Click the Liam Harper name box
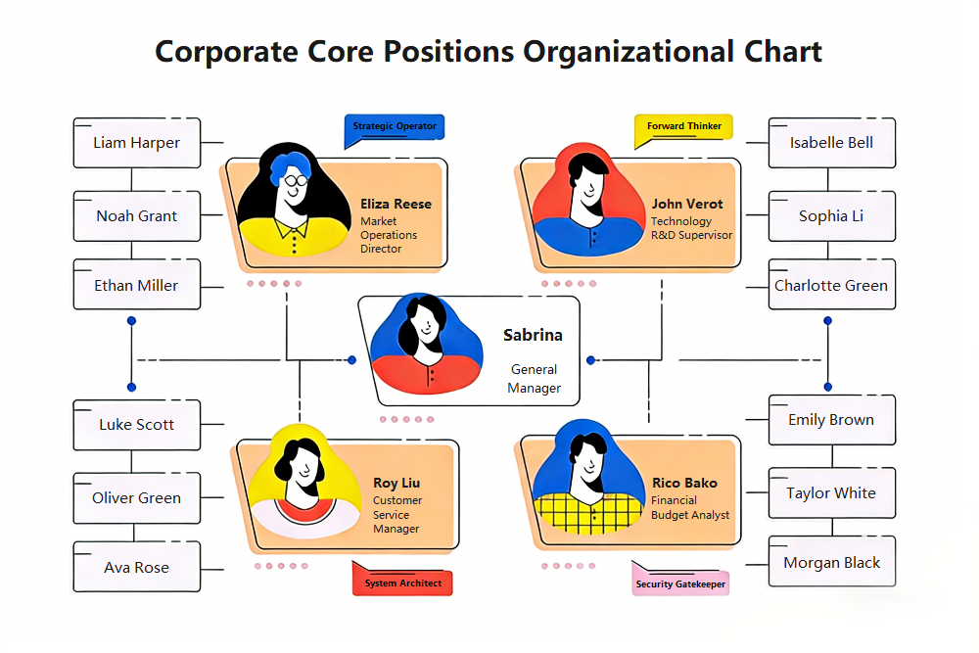pos(137,143)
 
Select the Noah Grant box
pos(137,216)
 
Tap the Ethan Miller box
pos(137,286)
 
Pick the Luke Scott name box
pos(137,425)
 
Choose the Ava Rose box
pos(137,568)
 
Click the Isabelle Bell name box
pos(831,143)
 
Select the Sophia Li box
pos(831,216)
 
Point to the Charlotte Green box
pos(831,286)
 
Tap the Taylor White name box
pos(831,493)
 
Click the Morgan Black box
pos(831,563)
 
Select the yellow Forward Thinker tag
pos(684,126)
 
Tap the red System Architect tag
pos(402,583)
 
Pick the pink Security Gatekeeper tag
pos(680,583)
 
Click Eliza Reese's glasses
pos(296,179)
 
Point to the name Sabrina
pos(533,335)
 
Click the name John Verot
pos(687,205)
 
